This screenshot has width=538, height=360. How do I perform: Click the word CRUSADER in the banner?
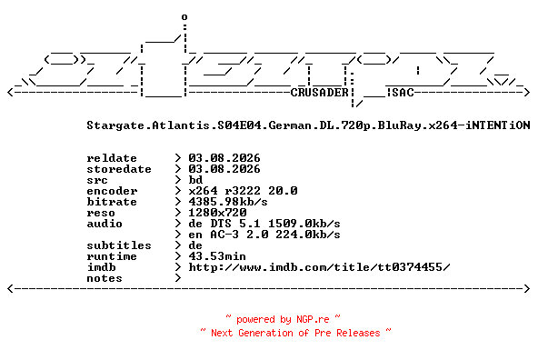click(320, 93)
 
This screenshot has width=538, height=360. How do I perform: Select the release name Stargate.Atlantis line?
click(308, 125)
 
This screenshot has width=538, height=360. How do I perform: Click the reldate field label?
click(112, 158)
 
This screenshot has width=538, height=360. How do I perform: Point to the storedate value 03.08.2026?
click(224, 169)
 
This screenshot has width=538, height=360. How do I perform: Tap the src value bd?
click(195, 180)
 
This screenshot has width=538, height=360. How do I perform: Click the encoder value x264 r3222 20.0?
click(243, 191)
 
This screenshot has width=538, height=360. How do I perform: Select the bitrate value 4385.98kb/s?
click(228, 202)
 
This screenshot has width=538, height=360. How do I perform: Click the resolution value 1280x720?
click(217, 213)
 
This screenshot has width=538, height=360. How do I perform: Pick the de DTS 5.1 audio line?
click(264, 224)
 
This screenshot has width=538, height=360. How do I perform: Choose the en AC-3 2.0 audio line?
click(264, 235)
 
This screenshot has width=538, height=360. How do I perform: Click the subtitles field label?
click(119, 245)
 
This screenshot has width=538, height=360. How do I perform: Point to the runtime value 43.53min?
click(217, 256)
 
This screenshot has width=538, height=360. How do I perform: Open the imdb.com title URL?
click(319, 267)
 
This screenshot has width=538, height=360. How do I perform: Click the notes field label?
click(105, 278)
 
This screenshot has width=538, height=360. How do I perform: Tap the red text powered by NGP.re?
click(283, 319)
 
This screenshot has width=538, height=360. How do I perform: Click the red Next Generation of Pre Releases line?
click(295, 333)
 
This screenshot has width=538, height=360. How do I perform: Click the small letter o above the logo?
click(184, 16)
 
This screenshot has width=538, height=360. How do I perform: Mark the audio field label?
click(105, 224)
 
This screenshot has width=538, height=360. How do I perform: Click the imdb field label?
click(101, 267)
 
